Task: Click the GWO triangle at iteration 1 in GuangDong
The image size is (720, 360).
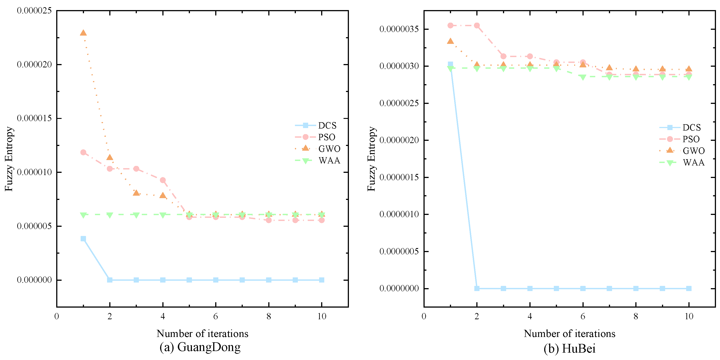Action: [x=83, y=33]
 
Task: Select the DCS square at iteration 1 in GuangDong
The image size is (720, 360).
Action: [x=83, y=238]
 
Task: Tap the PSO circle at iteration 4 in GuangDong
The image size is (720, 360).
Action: [x=163, y=180]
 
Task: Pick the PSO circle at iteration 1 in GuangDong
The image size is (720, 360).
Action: [x=83, y=152]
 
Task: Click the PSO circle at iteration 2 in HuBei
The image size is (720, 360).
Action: [x=477, y=26]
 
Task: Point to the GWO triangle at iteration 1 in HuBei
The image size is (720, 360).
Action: [x=450, y=41]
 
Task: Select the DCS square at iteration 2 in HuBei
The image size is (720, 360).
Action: [x=477, y=288]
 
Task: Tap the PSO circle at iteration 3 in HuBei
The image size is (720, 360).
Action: [x=503, y=56]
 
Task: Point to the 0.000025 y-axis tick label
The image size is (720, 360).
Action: [x=34, y=11]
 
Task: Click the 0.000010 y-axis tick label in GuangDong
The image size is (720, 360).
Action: [x=34, y=172]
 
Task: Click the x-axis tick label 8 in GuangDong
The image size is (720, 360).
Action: [x=269, y=316]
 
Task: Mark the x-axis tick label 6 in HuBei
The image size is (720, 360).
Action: [x=583, y=316]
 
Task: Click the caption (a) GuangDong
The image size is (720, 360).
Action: [x=200, y=347]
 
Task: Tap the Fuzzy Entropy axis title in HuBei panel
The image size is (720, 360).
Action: [x=371, y=159]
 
